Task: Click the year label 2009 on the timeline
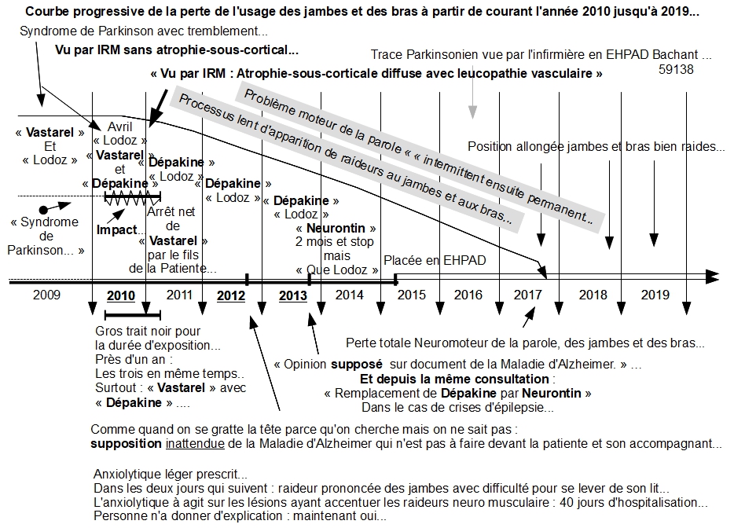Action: coord(46,295)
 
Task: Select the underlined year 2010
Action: coord(120,295)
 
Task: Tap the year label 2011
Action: coord(179,295)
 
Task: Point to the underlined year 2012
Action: coord(230,295)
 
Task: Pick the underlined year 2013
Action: coord(293,295)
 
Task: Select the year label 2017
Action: coord(528,295)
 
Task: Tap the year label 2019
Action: coord(655,295)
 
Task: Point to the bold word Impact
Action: coord(116,231)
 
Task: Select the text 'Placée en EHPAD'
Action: coord(435,260)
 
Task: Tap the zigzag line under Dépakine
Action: coord(132,200)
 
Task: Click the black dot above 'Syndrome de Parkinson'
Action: coord(43,207)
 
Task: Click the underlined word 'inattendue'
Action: coord(192,444)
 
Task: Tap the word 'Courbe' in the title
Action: coord(46,13)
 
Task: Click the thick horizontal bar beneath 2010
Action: coord(121,314)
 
